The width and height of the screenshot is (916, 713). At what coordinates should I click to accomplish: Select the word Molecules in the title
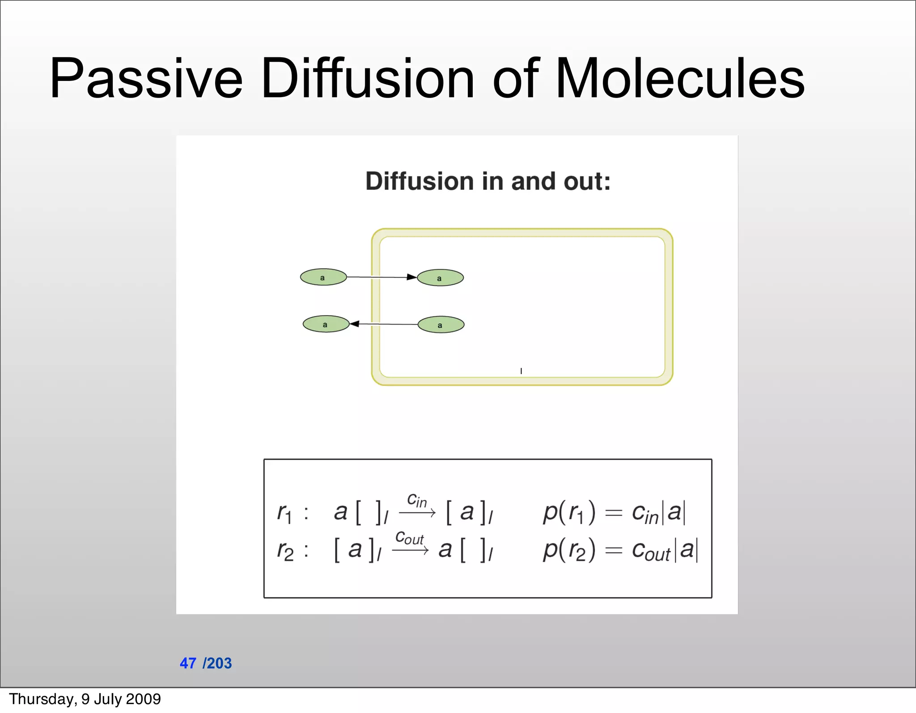679,79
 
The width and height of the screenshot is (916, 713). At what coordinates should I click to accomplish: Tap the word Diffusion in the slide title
367,79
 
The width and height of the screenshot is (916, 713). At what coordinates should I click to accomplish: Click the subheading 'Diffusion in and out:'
488,181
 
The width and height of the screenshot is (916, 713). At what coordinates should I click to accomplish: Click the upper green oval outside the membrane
323,277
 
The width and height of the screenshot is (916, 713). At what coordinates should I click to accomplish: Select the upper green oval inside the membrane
440,278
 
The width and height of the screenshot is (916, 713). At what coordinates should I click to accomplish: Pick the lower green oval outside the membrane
326,324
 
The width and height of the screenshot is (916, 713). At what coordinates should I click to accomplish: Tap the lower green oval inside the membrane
441,325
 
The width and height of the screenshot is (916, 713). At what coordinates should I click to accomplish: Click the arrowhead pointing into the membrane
411,277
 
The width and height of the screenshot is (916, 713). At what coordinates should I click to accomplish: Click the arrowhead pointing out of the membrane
355,324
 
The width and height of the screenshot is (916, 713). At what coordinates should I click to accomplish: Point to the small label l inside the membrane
521,371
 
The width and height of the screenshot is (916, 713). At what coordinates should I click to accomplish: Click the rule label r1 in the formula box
284,512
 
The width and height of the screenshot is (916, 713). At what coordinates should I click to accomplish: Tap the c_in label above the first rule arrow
416,500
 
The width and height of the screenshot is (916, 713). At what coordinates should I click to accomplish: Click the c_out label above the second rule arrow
409,538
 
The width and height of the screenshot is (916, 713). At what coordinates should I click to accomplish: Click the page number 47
188,663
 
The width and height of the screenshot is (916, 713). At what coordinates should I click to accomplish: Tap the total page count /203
217,663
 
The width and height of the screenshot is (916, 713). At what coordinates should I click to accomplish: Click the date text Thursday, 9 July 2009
85,699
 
